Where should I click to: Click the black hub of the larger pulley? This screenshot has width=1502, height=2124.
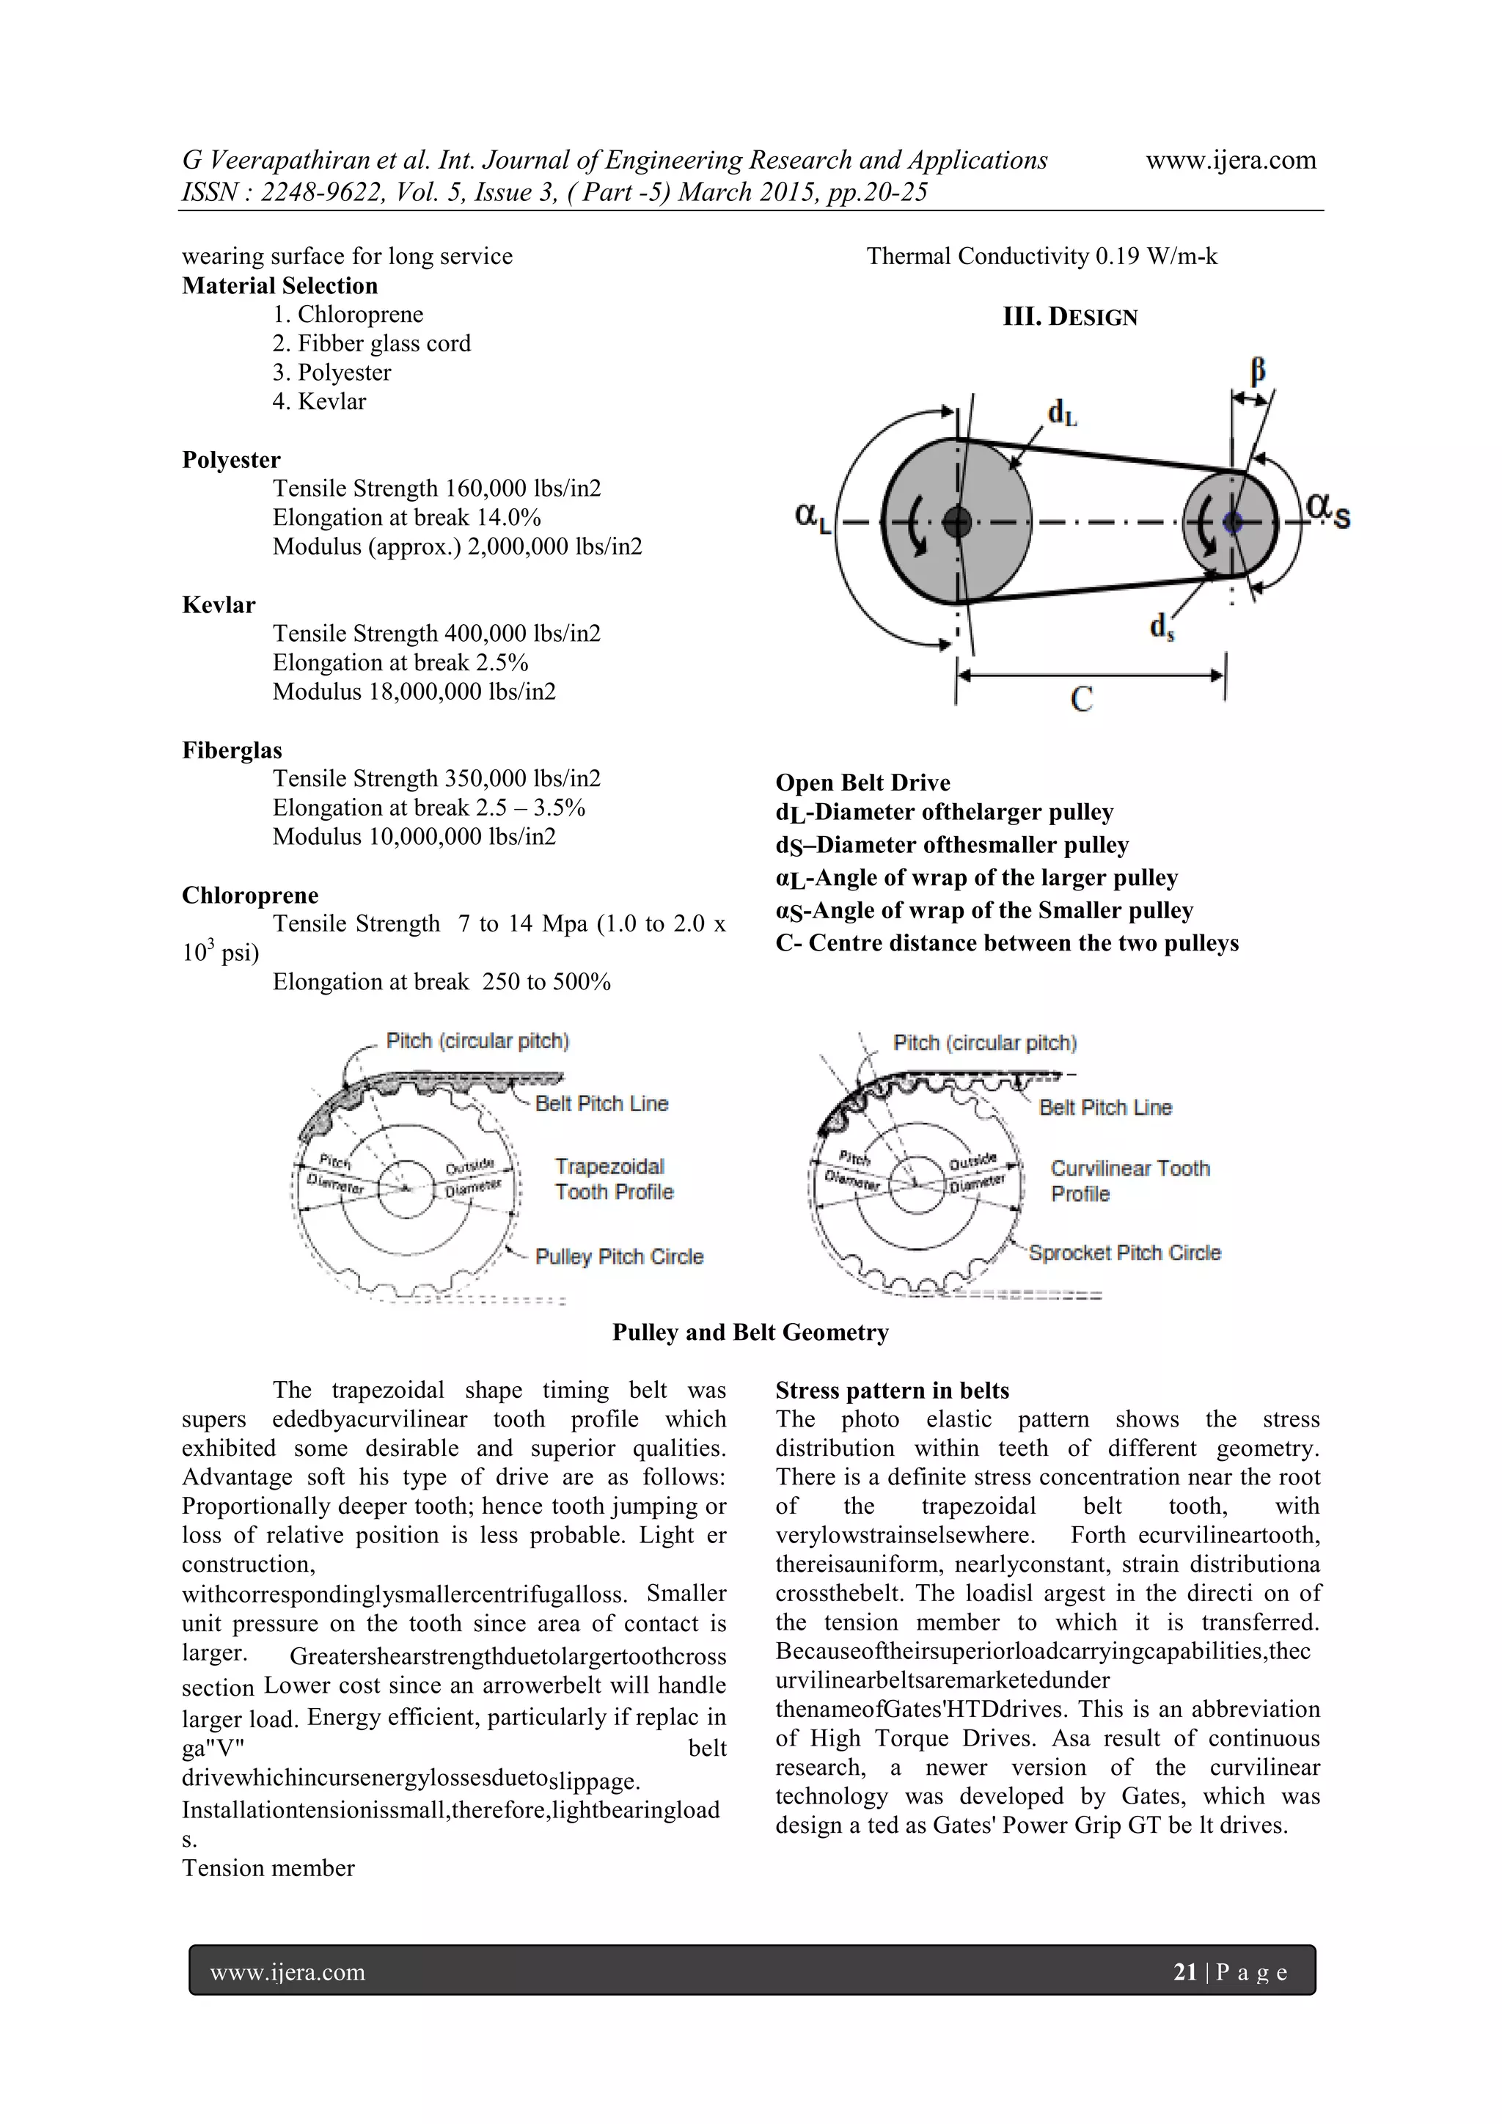click(956, 523)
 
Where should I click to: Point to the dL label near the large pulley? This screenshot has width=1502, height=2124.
click(1062, 414)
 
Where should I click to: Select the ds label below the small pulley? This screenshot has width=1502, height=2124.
click(1162, 627)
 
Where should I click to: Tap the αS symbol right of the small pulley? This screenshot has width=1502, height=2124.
click(1328, 510)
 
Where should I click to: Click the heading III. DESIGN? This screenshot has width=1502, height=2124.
click(1070, 318)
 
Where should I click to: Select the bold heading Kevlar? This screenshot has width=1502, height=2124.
click(219, 605)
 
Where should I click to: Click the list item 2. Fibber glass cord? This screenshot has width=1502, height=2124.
click(372, 343)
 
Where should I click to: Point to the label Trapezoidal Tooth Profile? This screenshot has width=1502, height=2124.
click(613, 1179)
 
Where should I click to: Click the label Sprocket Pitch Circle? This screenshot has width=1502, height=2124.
click(1124, 1253)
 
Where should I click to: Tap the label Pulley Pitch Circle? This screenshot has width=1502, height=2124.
click(619, 1256)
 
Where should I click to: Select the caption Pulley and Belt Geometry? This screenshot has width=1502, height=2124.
click(750, 1332)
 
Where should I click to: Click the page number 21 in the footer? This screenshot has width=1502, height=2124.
click(1184, 1973)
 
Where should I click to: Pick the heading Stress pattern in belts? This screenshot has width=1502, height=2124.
click(892, 1391)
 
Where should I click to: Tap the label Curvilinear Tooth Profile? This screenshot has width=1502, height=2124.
click(1129, 1180)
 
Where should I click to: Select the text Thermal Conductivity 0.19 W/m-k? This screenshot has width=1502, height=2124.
click(1041, 256)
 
